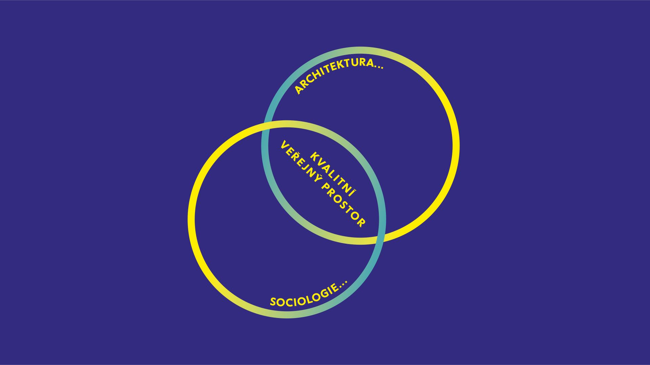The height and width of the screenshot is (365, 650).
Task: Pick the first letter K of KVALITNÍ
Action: coord(314,156)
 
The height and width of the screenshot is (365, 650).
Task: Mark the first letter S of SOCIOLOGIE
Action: coord(273,302)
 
